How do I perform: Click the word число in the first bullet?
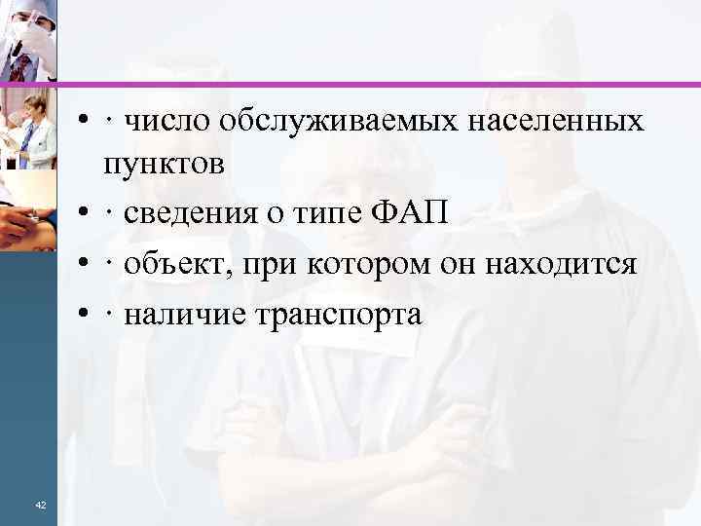coord(171,122)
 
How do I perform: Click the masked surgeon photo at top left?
coord(28,39)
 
